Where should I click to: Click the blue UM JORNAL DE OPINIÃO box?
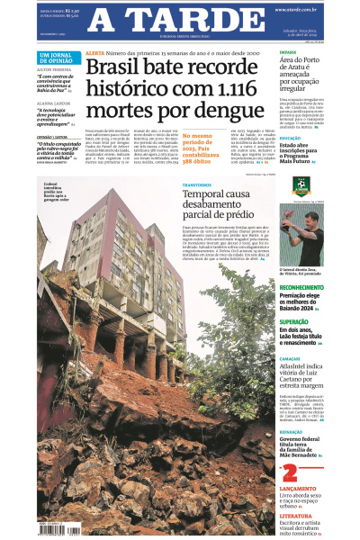pos(58,58)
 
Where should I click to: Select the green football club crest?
pos(301,187)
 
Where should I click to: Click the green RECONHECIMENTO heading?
pos(301,287)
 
